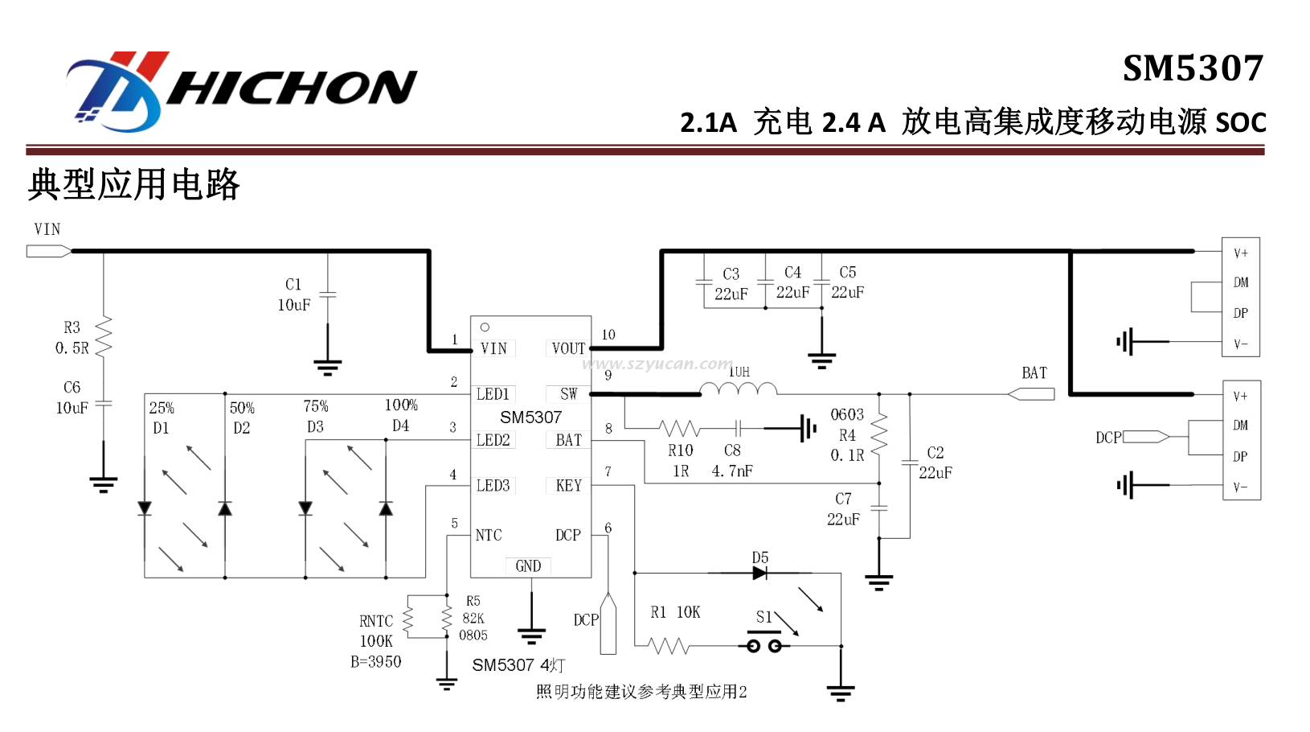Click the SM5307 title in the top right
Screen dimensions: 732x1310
1193,68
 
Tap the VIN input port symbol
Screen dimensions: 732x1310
49,252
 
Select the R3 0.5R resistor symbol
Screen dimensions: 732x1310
104,337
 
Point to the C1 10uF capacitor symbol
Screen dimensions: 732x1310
328,294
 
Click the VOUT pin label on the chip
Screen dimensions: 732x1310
568,348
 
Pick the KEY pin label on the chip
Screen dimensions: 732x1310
568,485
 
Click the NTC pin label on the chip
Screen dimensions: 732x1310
489,535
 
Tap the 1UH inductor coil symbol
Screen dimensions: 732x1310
739,390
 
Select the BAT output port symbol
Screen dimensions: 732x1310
1031,394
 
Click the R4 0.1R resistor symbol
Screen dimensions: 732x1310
879,435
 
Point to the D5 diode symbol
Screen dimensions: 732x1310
759,573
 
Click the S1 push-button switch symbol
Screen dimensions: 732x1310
764,644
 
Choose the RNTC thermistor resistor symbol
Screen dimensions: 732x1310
407,620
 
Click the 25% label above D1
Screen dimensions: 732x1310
162,408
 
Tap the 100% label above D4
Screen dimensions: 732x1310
401,405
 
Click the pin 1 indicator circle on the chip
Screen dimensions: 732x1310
485,327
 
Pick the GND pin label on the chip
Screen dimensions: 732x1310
528,565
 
